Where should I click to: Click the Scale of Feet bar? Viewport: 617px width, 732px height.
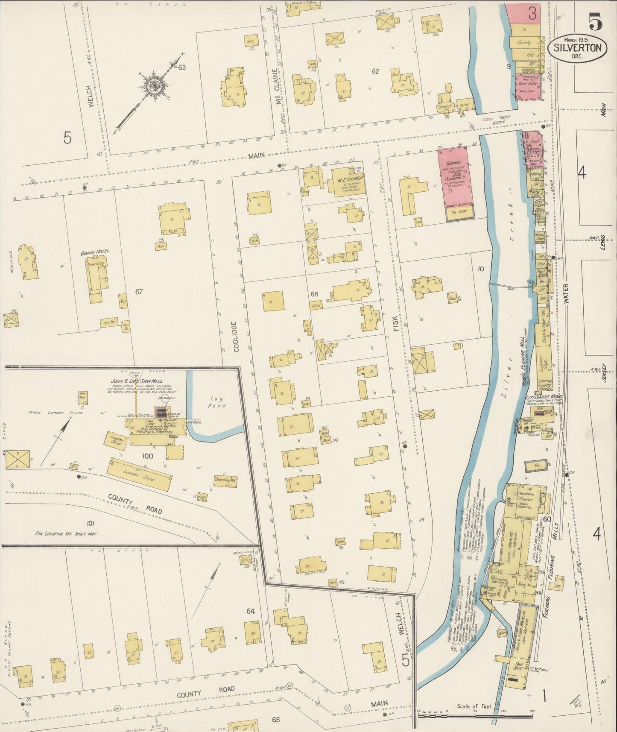(x=474, y=716)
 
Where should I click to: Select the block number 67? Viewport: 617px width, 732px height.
(x=139, y=292)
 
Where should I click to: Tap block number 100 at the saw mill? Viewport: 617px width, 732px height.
(x=148, y=456)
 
